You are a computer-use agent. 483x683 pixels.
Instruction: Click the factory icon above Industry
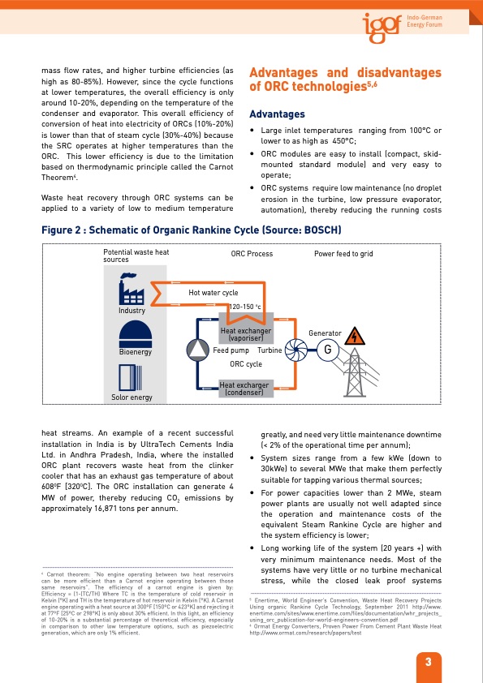[x=132, y=288]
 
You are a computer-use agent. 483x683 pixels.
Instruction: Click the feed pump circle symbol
[x=198, y=350]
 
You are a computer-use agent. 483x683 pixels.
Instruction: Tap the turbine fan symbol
[x=294, y=350]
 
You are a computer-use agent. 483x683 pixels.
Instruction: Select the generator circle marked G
[x=326, y=350]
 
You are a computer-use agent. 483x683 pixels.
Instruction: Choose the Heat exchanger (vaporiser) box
[x=246, y=333]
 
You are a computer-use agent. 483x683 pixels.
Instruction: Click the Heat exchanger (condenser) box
[x=246, y=388]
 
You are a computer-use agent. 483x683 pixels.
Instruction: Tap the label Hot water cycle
[x=213, y=292]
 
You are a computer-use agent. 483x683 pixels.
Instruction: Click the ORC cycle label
[x=246, y=364]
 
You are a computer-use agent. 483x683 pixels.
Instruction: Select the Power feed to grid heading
[x=343, y=254]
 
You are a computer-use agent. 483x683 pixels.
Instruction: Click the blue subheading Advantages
[x=277, y=114]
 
